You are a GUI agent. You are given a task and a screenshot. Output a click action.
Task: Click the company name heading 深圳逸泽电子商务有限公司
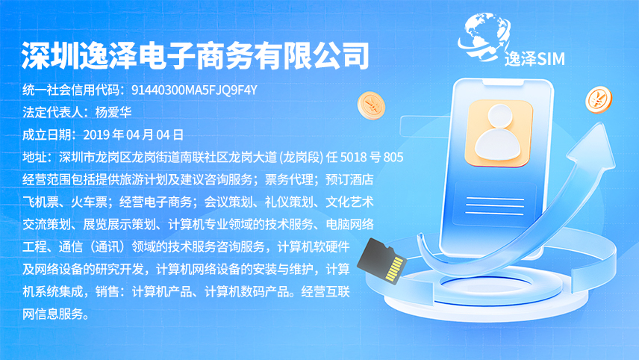click(x=195, y=56)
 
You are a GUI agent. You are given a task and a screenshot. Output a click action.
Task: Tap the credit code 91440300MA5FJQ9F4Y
click(x=194, y=90)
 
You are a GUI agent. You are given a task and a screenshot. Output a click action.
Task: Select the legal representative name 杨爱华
click(x=113, y=112)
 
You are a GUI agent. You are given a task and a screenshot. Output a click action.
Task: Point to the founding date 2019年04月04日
click(x=134, y=134)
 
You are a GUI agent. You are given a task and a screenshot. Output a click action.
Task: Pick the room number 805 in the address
click(x=393, y=157)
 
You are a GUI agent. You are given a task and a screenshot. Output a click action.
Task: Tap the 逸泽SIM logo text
click(x=534, y=59)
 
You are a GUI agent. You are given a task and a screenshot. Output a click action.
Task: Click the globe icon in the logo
click(x=483, y=36)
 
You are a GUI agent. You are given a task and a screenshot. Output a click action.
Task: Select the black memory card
click(x=381, y=261)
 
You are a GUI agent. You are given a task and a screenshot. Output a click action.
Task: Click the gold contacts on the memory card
click(x=394, y=269)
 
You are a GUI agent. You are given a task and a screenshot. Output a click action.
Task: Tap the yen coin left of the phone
click(x=371, y=105)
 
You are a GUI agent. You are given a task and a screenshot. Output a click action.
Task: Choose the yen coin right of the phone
click(x=599, y=99)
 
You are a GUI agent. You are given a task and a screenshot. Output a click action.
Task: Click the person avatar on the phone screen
click(x=499, y=133)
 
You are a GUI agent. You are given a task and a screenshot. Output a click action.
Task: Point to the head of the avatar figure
click(x=500, y=115)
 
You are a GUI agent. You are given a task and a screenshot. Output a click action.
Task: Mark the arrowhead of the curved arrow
click(x=593, y=148)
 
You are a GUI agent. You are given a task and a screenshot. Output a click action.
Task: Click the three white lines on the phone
click(x=494, y=206)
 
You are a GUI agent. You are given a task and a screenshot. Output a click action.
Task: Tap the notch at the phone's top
click(x=503, y=83)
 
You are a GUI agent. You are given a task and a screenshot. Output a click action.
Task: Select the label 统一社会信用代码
click(x=71, y=90)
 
